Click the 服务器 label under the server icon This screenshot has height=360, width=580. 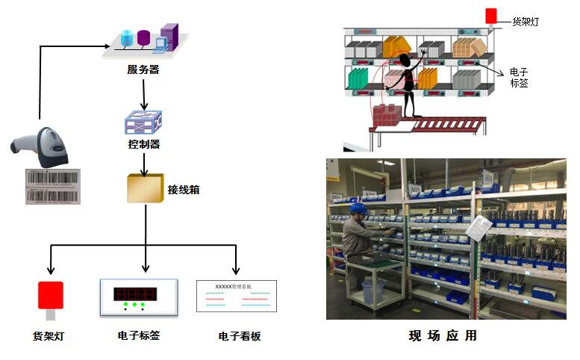(143, 70)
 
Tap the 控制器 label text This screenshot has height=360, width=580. (144, 143)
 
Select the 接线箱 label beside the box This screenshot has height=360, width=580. (184, 190)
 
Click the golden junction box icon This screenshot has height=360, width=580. (145, 190)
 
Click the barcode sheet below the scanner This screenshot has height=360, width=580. (53, 186)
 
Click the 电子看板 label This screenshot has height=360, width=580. (240, 337)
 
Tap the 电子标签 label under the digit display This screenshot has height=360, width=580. (139, 335)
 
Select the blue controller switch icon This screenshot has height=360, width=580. (143, 122)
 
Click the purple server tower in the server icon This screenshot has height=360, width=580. (169, 37)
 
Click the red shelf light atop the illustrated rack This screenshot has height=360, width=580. (490, 16)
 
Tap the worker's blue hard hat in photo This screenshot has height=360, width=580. (358, 208)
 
